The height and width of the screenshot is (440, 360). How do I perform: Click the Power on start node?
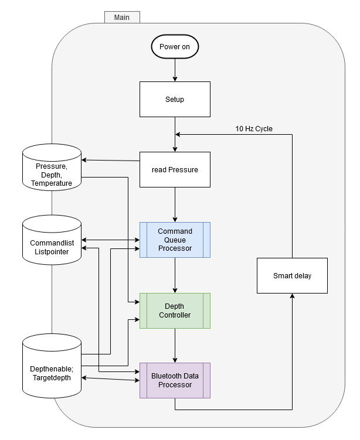tap(175, 47)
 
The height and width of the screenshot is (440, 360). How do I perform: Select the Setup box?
tap(175, 99)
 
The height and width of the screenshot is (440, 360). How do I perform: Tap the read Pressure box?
tap(175, 170)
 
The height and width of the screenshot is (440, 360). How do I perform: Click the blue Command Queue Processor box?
tap(175, 240)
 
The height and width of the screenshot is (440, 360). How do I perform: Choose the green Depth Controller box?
tap(175, 311)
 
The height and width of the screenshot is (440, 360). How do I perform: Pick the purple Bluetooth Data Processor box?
tap(175, 380)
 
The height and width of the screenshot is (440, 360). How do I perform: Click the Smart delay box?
tap(292, 275)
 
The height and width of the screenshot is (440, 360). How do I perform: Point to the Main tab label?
tap(122, 17)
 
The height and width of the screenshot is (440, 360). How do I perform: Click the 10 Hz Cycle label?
tap(254, 129)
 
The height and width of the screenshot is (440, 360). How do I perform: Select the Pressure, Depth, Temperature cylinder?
tap(52, 167)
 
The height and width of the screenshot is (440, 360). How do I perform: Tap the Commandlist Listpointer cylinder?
tap(52, 238)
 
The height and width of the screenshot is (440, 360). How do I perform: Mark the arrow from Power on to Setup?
tap(175, 70)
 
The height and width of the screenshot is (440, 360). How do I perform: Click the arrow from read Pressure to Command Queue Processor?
tap(175, 205)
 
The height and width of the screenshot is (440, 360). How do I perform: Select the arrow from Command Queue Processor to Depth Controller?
tap(175, 275)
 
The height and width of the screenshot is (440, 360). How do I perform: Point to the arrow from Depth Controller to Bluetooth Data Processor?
tap(175, 346)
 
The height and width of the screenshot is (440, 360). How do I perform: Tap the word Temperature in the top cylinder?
tap(52, 183)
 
